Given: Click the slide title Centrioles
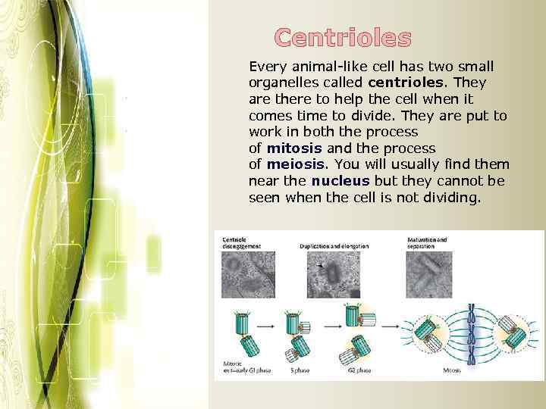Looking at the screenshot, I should click(343, 37).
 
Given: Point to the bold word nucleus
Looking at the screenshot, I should click(340, 181).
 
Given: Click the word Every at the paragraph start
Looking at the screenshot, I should click(266, 66).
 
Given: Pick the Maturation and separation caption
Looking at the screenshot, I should click(428, 243).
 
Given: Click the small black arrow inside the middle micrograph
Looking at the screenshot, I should click(319, 266).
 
